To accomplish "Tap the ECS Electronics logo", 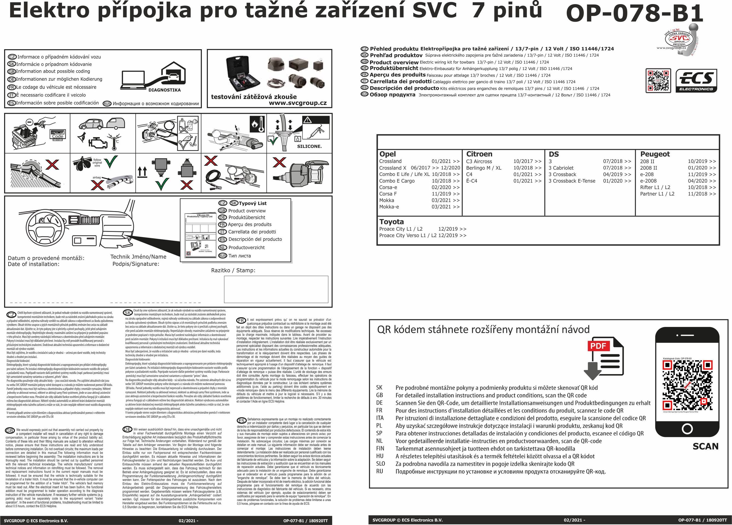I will point(696,81).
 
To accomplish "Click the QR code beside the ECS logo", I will point(658,80).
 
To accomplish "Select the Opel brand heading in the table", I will point(387,154).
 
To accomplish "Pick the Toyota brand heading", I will point(391,222).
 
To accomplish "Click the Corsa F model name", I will point(388,194).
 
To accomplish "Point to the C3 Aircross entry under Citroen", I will point(479,161).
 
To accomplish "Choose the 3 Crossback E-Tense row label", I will point(572,181).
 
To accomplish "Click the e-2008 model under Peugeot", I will point(648,181).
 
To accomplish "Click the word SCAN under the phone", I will point(705,446).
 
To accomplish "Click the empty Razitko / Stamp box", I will point(276,289).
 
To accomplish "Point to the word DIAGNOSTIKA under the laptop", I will point(165,90).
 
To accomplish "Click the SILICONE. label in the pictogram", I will point(309,146).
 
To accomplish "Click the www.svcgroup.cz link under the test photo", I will point(298,103).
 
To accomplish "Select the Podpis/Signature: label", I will point(136,264).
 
